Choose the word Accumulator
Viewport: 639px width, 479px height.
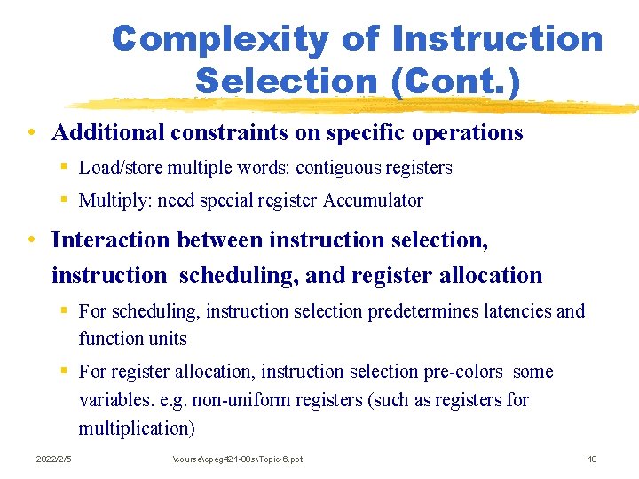tap(373, 200)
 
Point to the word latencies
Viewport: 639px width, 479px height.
tap(517, 311)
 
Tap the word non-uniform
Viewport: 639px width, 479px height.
tap(264, 400)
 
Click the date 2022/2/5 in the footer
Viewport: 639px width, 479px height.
tap(54, 459)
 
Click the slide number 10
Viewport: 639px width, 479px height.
tap(592, 459)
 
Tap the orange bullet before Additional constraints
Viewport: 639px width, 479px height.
tap(31, 133)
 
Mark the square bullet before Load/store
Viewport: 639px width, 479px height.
tap(66, 168)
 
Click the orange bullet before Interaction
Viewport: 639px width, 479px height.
tap(31, 239)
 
